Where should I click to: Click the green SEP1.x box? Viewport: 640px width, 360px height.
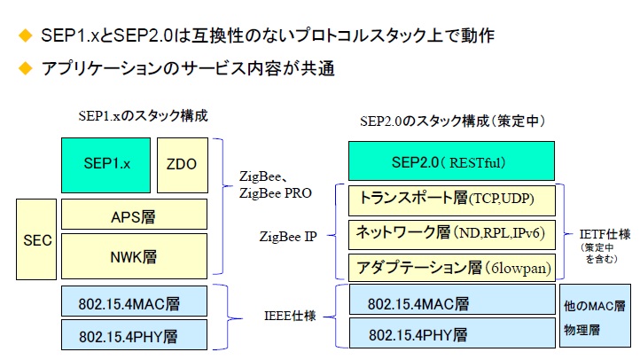(106, 165)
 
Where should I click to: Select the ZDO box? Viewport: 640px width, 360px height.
(182, 165)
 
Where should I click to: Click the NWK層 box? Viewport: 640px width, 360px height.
(134, 256)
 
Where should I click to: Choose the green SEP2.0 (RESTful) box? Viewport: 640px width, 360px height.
(451, 162)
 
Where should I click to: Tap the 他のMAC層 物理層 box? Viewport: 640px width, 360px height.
(595, 318)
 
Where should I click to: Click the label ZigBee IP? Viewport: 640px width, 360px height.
(288, 237)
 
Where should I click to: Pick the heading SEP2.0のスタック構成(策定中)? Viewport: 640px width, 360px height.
(451, 121)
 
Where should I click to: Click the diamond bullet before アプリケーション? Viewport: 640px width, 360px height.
(25, 67)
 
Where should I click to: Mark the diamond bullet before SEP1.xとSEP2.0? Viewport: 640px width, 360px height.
(25, 35)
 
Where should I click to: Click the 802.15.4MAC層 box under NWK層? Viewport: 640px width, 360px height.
(134, 301)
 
